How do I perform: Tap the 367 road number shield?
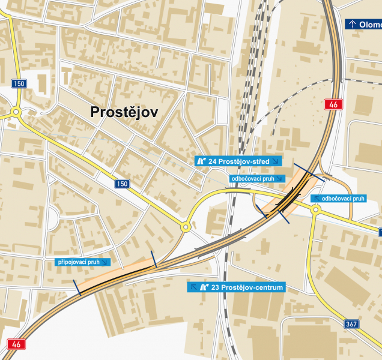click(x=353, y=324)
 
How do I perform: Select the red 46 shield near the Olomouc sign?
click(x=333, y=104)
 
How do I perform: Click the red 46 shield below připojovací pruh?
click(x=16, y=344)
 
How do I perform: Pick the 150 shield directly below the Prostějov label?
click(x=123, y=184)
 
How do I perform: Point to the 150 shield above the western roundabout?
click(x=19, y=83)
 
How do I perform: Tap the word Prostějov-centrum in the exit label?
click(x=252, y=287)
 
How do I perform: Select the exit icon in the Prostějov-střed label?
click(x=201, y=161)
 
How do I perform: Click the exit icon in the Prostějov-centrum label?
click(x=204, y=287)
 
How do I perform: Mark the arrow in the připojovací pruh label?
click(x=106, y=262)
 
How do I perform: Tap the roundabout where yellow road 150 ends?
click(x=186, y=227)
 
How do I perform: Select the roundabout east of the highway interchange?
click(x=315, y=209)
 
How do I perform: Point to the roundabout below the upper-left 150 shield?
click(x=15, y=112)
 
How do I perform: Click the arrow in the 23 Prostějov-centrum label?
click(x=194, y=287)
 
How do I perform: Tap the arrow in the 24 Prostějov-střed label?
click(x=275, y=161)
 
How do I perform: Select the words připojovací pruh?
click(x=78, y=262)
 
